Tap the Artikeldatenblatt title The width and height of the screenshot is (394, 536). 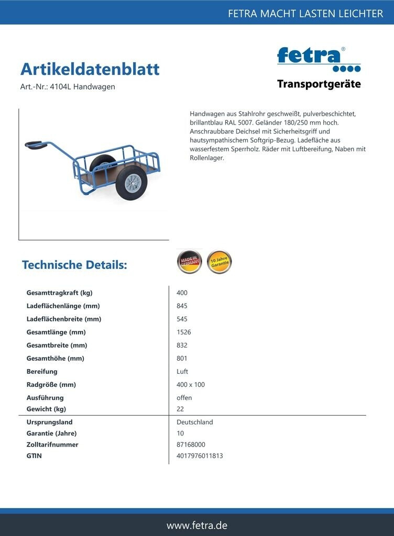coord(90,69)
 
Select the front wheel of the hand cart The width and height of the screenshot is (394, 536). coord(132,182)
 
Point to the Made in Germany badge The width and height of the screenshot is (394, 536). coord(189,262)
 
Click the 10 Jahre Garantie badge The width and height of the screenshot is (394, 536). coord(219,262)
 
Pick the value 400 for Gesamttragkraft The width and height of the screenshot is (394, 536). coord(182,293)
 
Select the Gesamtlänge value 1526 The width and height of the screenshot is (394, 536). coord(184,332)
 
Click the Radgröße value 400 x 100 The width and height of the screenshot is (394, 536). coord(191,384)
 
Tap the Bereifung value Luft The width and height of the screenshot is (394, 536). coord(182,371)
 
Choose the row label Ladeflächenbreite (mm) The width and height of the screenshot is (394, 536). coord(64,319)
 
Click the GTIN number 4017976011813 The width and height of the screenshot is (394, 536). coord(200,455)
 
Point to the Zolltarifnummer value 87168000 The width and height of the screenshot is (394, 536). coord(191,444)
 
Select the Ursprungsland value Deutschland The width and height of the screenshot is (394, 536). coord(195,422)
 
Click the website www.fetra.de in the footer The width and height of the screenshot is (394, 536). coord(197,525)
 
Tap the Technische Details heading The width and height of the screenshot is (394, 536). coord(74,265)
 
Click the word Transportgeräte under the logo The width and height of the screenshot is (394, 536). coord(319,84)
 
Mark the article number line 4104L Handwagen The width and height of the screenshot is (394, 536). coord(68,87)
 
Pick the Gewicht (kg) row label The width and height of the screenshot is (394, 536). coord(46,409)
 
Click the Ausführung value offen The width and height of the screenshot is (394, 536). coord(184,397)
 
